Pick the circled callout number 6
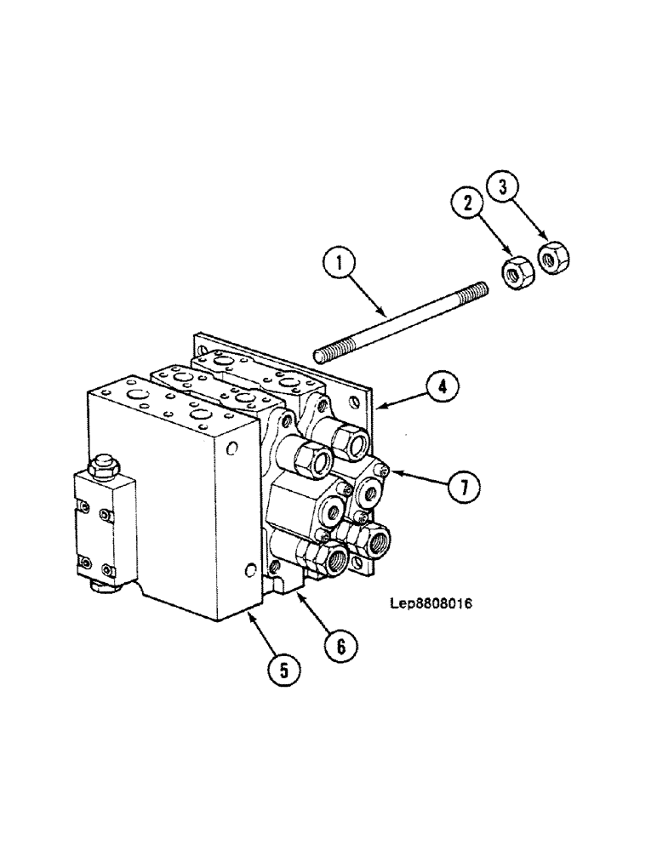coord(339,648)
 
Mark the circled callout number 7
coord(463,487)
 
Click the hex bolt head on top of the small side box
coord(103,466)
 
